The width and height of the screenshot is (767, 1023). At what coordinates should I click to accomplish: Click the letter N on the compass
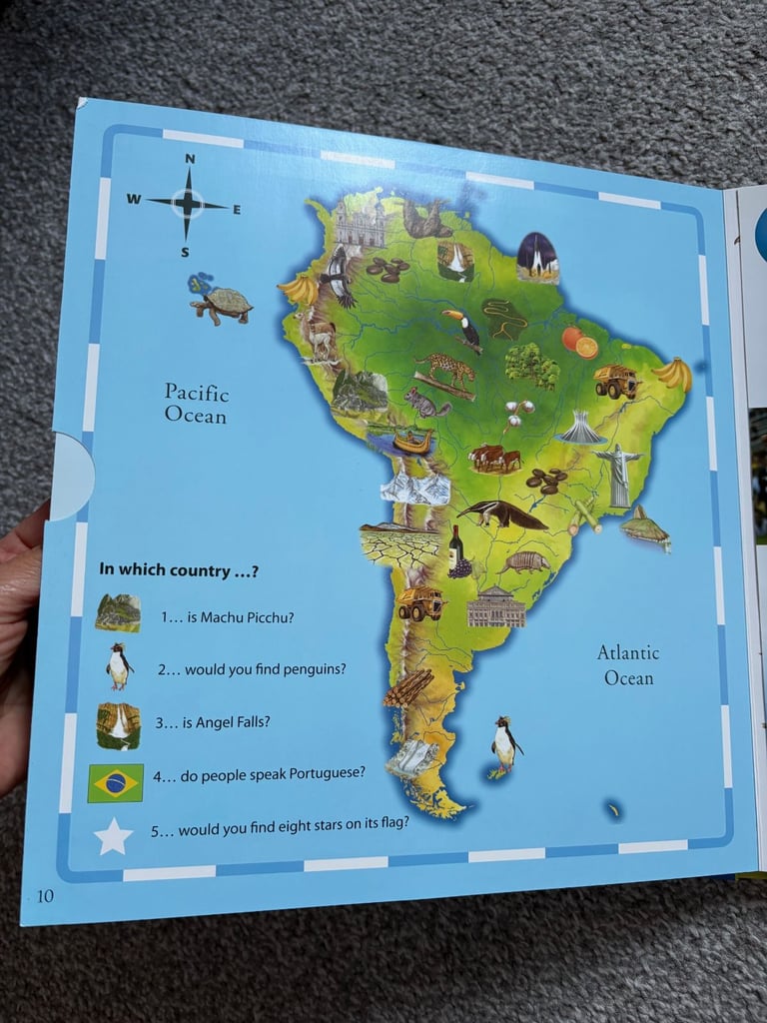pyautogui.click(x=190, y=158)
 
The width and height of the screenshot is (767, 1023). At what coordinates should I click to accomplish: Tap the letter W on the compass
pyautogui.click(x=133, y=199)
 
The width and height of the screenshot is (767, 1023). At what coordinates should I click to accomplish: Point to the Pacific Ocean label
pyautogui.click(x=197, y=403)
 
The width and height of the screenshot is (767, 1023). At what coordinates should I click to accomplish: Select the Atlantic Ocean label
pyautogui.click(x=628, y=664)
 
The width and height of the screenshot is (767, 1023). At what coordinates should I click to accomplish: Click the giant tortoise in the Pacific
pyautogui.click(x=222, y=302)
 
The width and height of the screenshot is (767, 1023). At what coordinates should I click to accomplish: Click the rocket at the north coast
pyautogui.click(x=538, y=257)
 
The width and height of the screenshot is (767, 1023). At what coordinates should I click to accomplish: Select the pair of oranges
pyautogui.click(x=579, y=342)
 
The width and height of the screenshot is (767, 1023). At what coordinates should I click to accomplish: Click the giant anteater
pyautogui.click(x=502, y=513)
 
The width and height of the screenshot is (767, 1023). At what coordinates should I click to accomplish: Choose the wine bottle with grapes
pyautogui.click(x=456, y=551)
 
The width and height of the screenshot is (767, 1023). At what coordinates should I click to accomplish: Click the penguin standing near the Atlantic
pyautogui.click(x=505, y=744)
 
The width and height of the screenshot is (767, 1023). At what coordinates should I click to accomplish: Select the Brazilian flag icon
pyautogui.click(x=116, y=783)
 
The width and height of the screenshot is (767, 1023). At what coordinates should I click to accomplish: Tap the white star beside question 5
pyautogui.click(x=113, y=836)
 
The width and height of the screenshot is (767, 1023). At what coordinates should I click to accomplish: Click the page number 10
pyautogui.click(x=46, y=895)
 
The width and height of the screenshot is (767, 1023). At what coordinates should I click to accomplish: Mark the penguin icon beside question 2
pyautogui.click(x=119, y=666)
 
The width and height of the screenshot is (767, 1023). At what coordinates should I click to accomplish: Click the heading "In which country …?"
pyautogui.click(x=179, y=569)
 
